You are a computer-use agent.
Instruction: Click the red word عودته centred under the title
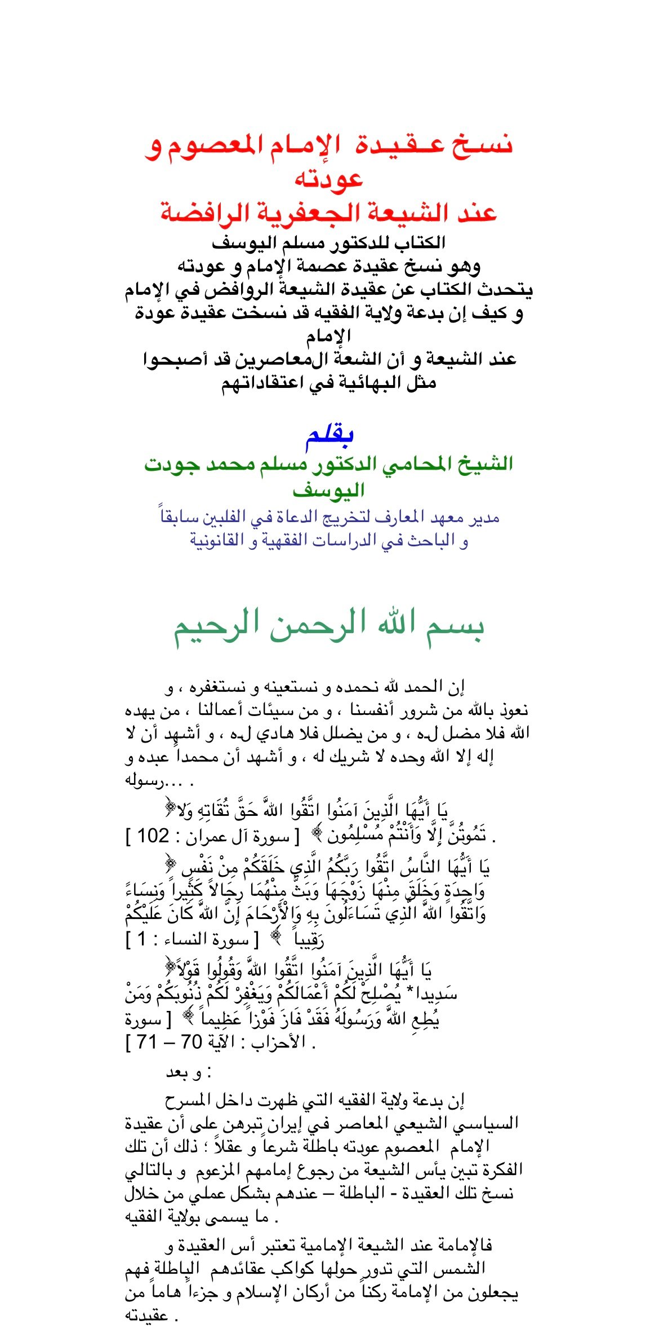(x=329, y=179)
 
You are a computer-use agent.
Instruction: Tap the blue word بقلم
(x=329, y=435)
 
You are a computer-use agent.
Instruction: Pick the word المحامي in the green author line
(x=422, y=464)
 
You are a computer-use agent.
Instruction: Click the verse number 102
(x=153, y=836)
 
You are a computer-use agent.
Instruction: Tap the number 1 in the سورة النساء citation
(x=141, y=939)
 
